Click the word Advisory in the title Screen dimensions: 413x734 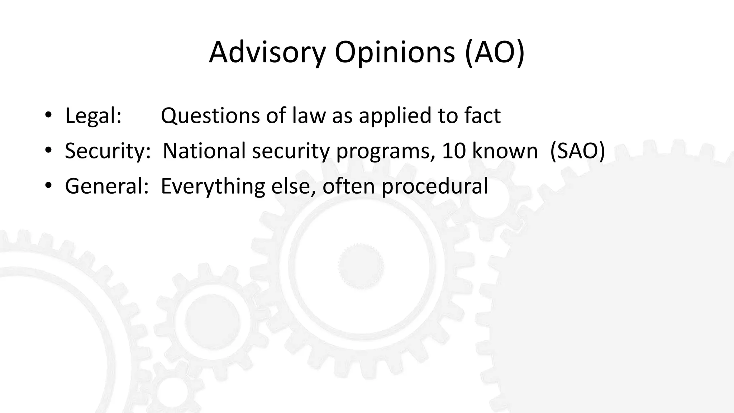click(267, 53)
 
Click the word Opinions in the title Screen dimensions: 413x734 click(395, 53)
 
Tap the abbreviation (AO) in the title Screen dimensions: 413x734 click(495, 53)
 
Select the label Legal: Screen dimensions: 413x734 click(93, 116)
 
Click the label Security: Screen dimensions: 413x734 click(108, 151)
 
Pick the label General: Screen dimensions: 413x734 click(106, 186)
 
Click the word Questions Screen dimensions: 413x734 click(210, 116)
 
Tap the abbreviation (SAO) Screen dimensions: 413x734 click(577, 151)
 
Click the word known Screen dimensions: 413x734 click(505, 151)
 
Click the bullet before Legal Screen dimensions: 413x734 click(48, 116)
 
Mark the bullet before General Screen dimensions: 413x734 click(48, 186)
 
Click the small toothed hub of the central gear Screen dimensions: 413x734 click(361, 266)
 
